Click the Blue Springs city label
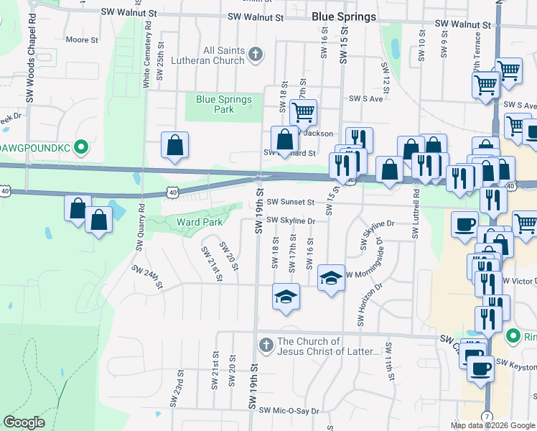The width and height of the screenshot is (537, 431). click(344, 16)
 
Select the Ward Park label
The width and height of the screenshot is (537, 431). click(200, 222)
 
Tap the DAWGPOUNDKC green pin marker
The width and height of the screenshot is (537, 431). click(81, 149)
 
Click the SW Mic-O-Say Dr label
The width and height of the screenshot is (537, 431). click(289, 411)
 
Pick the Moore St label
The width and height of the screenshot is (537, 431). click(81, 40)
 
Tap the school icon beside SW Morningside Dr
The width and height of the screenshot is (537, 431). click(330, 277)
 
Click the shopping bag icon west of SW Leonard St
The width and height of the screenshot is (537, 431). click(174, 145)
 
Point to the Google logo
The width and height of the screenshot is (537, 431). click(24, 422)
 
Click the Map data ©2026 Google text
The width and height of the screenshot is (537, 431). click(492, 425)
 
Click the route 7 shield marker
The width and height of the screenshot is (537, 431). click(487, 416)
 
